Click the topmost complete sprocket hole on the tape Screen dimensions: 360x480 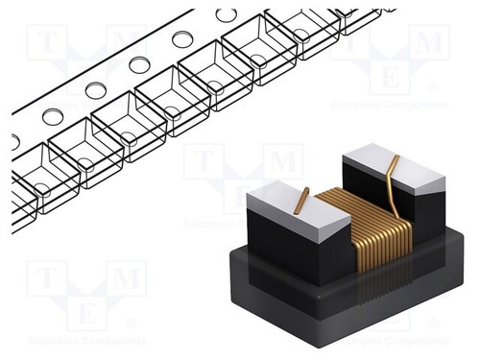[x=227, y=14]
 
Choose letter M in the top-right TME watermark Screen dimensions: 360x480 [x=428, y=43]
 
